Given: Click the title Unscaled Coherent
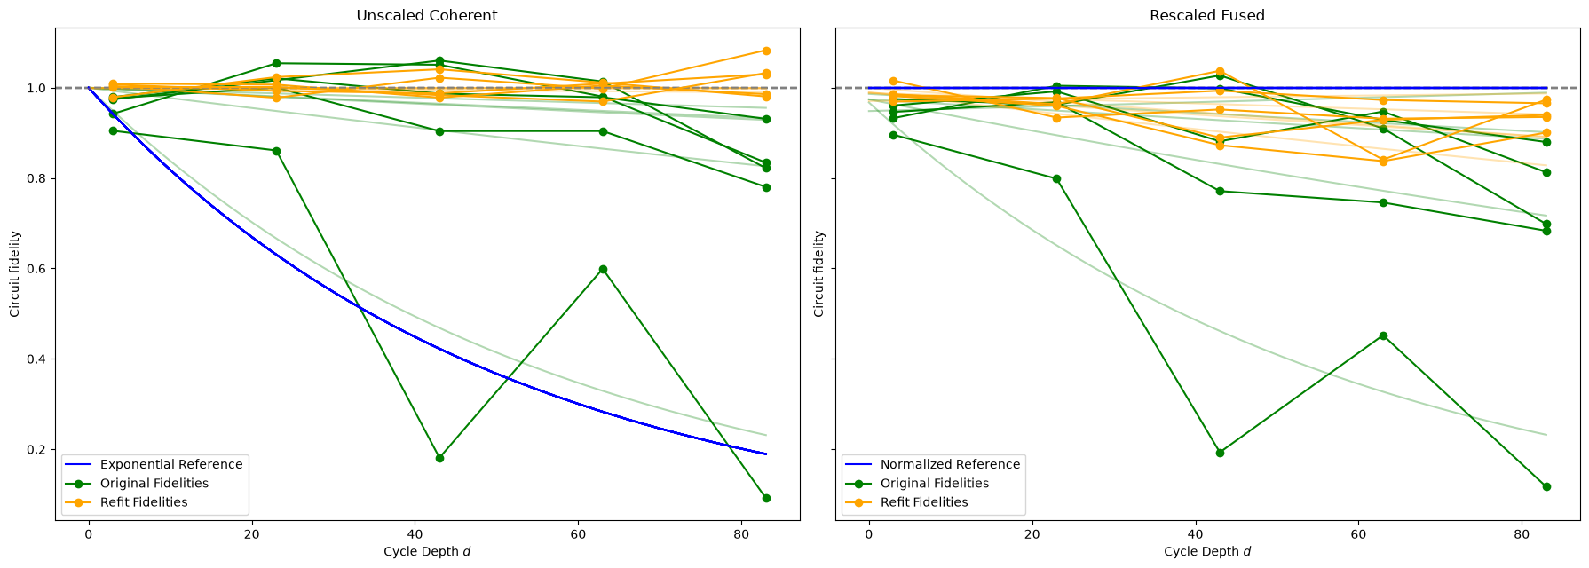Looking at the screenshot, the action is pos(426,15).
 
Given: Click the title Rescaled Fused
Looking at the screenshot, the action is pos(1206,15).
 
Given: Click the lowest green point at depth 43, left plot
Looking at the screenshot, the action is pos(439,458).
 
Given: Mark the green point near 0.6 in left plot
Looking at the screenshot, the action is pos(603,269).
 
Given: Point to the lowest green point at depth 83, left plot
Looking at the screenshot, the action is pos(766,498).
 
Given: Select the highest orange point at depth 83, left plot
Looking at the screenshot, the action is pos(766,51).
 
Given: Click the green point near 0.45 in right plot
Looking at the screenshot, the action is pos(1383,335).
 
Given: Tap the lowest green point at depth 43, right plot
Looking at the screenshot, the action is pos(1220,453).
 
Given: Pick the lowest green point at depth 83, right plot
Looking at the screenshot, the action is pos(1546,486).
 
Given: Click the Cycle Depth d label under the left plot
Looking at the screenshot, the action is pos(427,551).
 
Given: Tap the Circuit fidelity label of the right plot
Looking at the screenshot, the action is pos(818,273).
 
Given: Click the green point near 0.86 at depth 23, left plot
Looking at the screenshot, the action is pos(276,151).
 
